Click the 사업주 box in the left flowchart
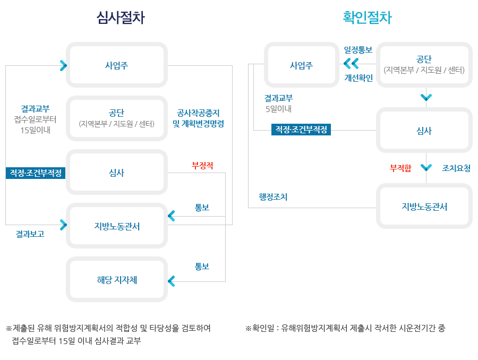pos(117,65)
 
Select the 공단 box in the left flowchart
pos(117,118)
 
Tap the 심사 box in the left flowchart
pos(117,173)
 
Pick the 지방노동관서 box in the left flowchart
pos(117,226)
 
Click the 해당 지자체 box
pos(117,280)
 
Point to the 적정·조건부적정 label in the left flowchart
pos(36,173)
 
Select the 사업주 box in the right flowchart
pos(301,65)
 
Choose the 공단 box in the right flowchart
pos(424,64)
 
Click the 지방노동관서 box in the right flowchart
pos(424,207)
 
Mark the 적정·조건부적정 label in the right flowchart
pos(301,130)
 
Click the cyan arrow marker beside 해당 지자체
pos(172,281)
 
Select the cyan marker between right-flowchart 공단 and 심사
pos(426,98)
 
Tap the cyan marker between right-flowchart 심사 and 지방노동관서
pos(426,168)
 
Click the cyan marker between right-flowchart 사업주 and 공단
pos(351,64)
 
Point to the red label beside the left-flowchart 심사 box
pos(202,165)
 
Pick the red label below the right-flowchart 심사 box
pos(401,168)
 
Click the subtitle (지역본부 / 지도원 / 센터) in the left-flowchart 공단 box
pos(117,124)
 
